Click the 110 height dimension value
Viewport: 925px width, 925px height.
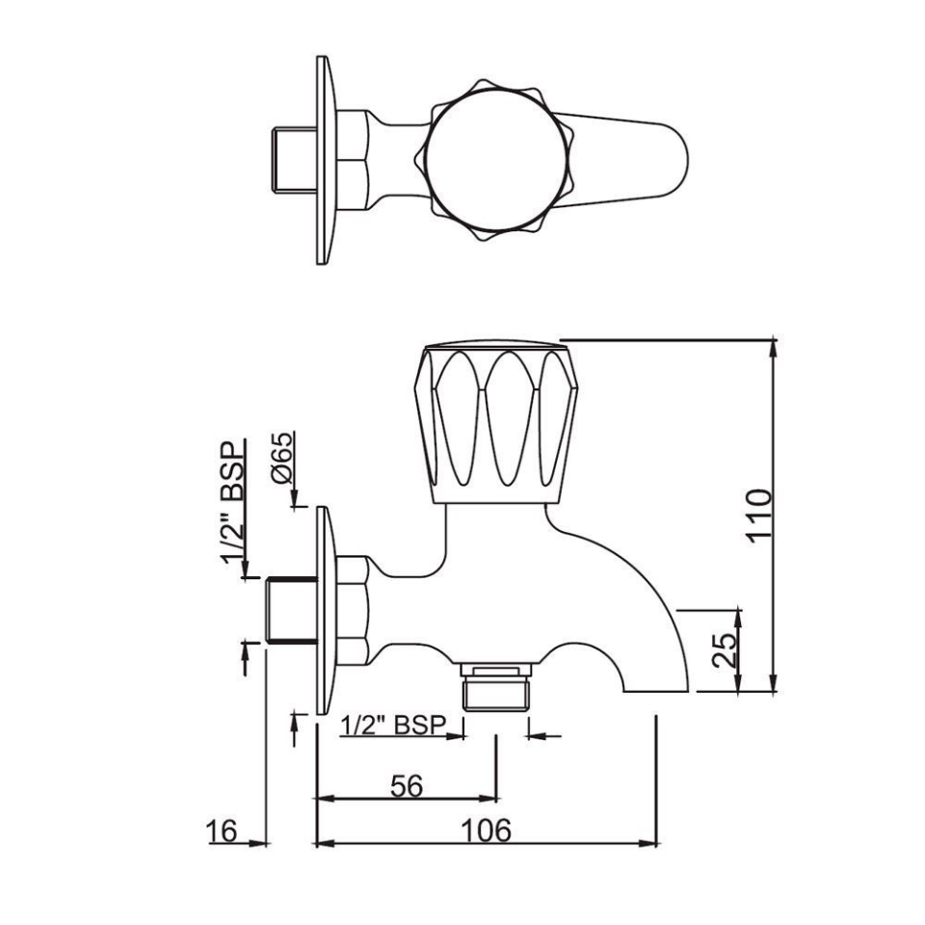pyautogui.click(x=760, y=516)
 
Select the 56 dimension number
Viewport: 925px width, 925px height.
pyautogui.click(x=407, y=786)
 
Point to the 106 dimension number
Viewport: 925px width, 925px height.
pyautogui.click(x=485, y=831)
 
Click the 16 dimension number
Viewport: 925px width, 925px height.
pyautogui.click(x=223, y=831)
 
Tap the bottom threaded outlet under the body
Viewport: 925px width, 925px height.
pyautogui.click(x=495, y=687)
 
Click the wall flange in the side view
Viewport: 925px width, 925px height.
pyautogui.click(x=323, y=610)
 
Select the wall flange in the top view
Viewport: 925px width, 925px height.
pyautogui.click(x=324, y=160)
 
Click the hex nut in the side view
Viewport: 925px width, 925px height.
pyautogui.click(x=352, y=610)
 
